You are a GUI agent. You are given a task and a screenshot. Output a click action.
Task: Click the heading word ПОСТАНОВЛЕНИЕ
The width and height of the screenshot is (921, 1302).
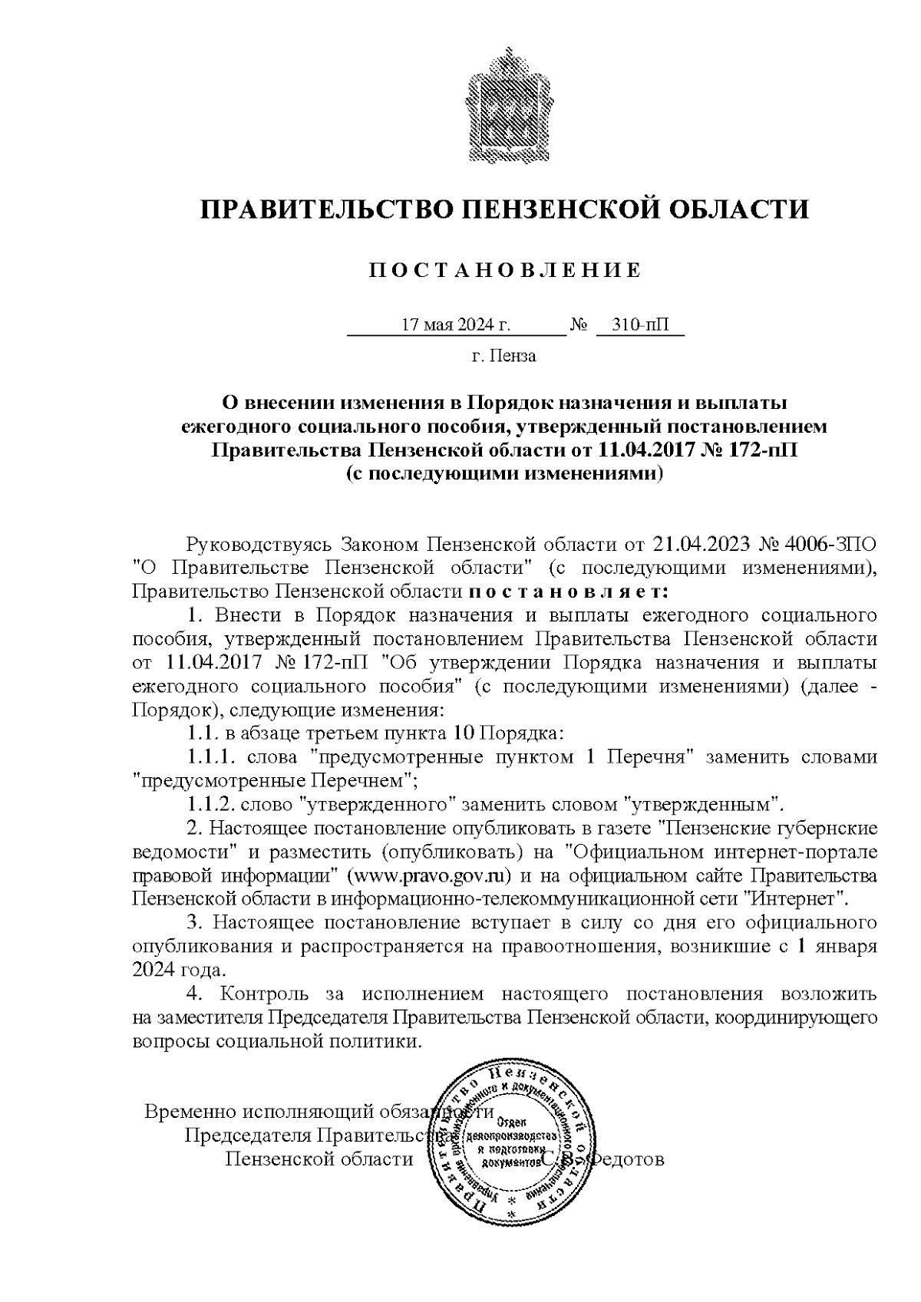pos(504,271)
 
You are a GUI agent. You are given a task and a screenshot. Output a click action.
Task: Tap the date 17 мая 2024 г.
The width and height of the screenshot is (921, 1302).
pos(456,325)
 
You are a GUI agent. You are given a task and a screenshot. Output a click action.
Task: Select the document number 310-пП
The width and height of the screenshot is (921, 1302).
pos(639,325)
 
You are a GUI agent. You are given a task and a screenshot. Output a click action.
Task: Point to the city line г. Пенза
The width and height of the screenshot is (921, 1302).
pos(503,356)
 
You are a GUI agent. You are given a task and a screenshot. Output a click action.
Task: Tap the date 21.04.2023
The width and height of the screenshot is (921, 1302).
pos(701,546)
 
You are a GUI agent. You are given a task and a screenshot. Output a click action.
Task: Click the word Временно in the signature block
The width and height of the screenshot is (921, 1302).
pos(190,1112)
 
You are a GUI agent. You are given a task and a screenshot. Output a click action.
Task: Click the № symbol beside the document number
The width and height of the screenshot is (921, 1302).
pos(578,325)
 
